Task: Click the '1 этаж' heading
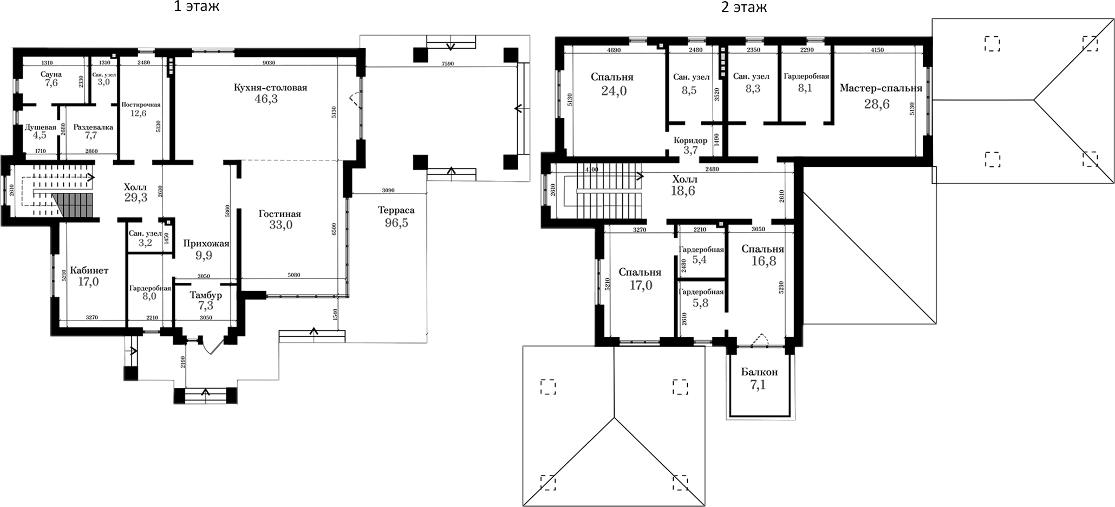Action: [x=196, y=7]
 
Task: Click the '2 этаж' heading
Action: [x=744, y=7]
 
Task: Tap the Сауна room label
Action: [x=51, y=74]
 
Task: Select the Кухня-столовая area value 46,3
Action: [x=266, y=99]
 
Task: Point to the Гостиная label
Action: [x=279, y=214]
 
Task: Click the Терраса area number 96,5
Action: [x=396, y=223]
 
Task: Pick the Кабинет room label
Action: [x=89, y=270]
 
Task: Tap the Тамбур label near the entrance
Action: [x=206, y=295]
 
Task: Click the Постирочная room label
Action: [x=141, y=105]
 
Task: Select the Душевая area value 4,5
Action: [x=40, y=136]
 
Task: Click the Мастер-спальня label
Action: [x=881, y=88]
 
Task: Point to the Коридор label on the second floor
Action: [x=690, y=140]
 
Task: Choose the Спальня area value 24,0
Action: [x=614, y=91]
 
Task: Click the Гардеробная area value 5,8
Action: [x=700, y=303]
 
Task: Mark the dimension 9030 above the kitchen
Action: [x=269, y=62]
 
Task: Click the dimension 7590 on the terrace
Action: [x=447, y=63]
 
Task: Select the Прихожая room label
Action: [x=206, y=244]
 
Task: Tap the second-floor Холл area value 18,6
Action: [x=682, y=191]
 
